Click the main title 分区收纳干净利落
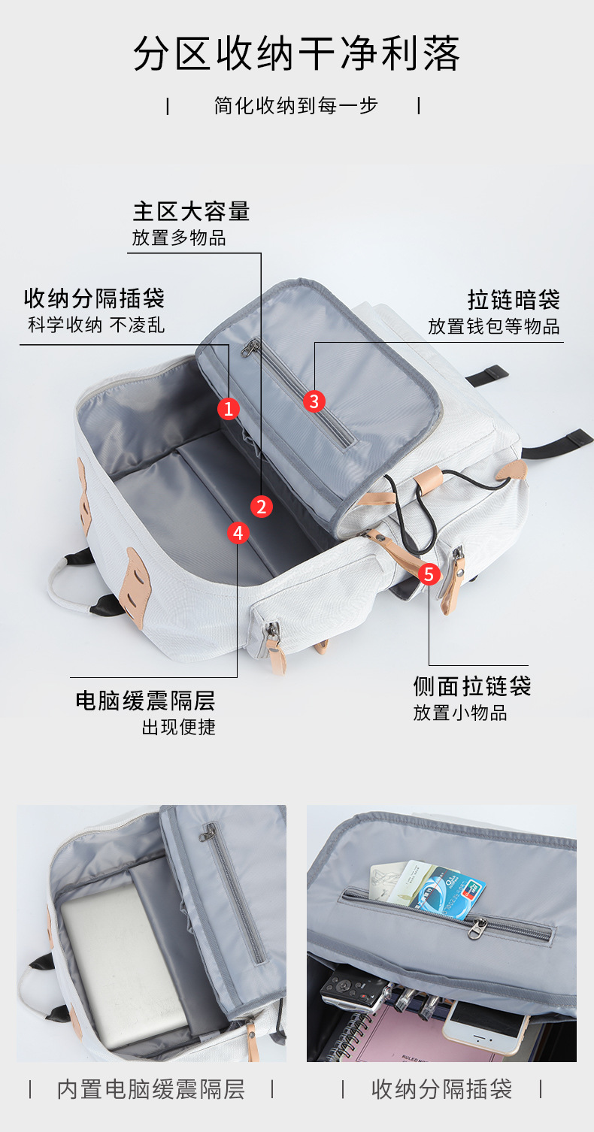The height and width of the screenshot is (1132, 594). tap(296, 54)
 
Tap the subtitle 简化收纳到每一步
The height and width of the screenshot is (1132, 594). tap(295, 105)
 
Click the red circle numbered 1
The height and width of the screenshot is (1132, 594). tap(229, 408)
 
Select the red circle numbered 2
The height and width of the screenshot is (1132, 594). tap(261, 507)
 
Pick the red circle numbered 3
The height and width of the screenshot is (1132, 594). tap(314, 401)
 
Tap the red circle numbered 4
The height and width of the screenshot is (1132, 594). tap(238, 533)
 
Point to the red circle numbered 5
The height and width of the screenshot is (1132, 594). tap(429, 575)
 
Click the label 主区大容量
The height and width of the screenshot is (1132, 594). tap(191, 211)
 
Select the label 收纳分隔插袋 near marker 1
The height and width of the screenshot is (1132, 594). tap(94, 298)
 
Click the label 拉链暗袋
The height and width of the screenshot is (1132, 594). tap(514, 299)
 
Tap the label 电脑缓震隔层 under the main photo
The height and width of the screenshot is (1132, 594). tap(145, 701)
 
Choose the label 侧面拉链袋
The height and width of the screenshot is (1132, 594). tap(472, 686)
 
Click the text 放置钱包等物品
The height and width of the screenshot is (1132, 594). tap(494, 326)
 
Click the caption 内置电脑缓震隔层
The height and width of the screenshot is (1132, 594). tap(151, 1088)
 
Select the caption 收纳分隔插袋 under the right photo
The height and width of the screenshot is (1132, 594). tap(441, 1088)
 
